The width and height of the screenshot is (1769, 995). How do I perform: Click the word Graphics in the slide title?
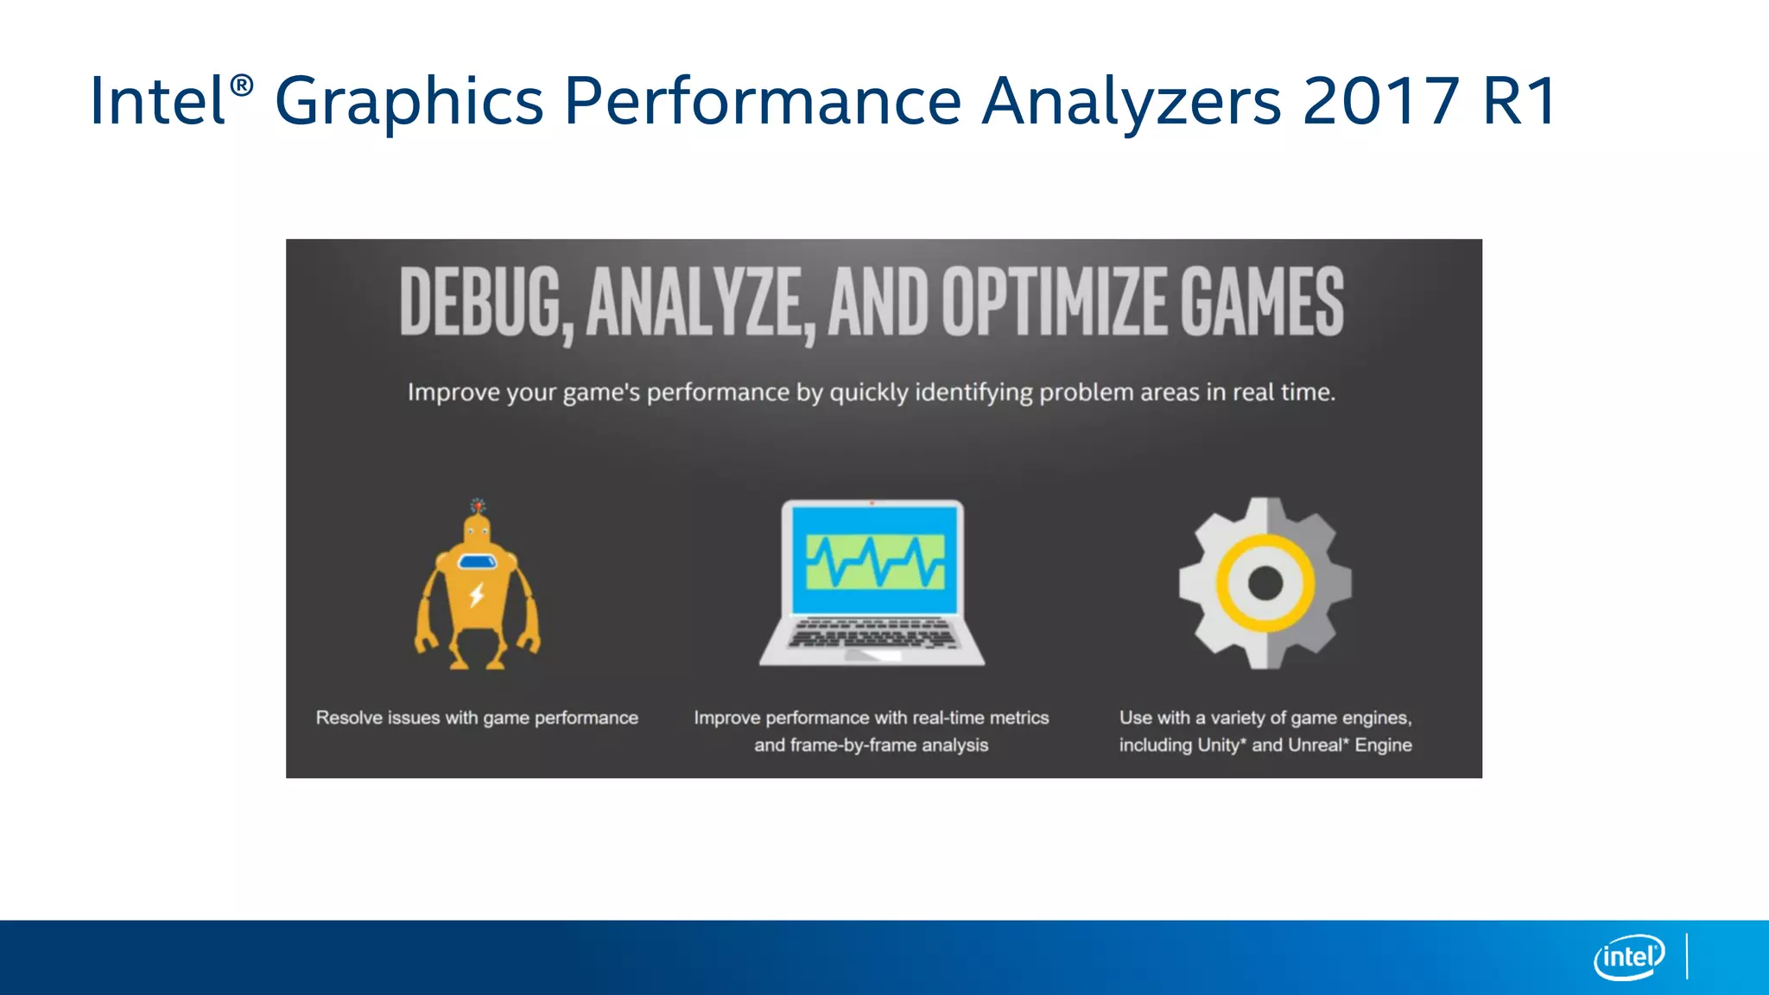pyautogui.click(x=408, y=102)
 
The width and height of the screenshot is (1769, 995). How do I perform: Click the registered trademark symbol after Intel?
pyautogui.click(x=242, y=85)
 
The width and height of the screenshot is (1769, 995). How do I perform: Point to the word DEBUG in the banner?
pyautogui.click(x=483, y=302)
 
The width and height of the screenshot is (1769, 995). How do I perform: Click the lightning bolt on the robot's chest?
pyautogui.click(x=476, y=595)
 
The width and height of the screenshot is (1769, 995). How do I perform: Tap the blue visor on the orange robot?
pyautogui.click(x=477, y=562)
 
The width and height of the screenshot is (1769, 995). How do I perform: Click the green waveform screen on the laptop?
pyautogui.click(x=874, y=561)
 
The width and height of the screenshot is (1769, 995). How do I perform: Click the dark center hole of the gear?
pyautogui.click(x=1265, y=583)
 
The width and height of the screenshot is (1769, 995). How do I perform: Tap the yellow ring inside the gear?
pyautogui.click(x=1265, y=545)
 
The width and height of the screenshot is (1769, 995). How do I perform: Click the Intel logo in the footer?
pyautogui.click(x=1628, y=957)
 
